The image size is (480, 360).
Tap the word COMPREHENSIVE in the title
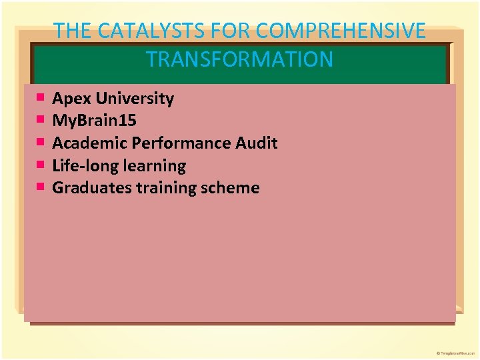(341, 31)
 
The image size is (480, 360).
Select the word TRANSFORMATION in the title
(240, 59)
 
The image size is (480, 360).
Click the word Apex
(72, 99)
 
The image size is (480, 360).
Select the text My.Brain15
(94, 121)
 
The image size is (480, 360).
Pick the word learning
(153, 165)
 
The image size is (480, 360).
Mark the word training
(164, 187)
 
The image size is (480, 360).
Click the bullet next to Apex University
(41, 98)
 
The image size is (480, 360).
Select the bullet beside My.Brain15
(41, 120)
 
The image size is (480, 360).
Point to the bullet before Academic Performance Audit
(41, 142)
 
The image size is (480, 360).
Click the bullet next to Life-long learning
(41, 164)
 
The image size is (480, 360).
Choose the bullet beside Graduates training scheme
(41, 187)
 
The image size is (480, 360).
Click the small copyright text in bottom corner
(456, 352)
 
